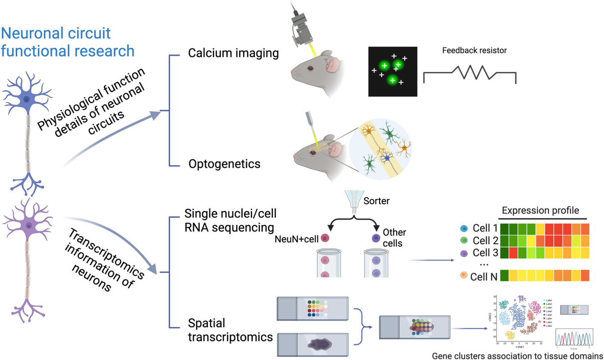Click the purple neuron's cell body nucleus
point(29,227)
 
